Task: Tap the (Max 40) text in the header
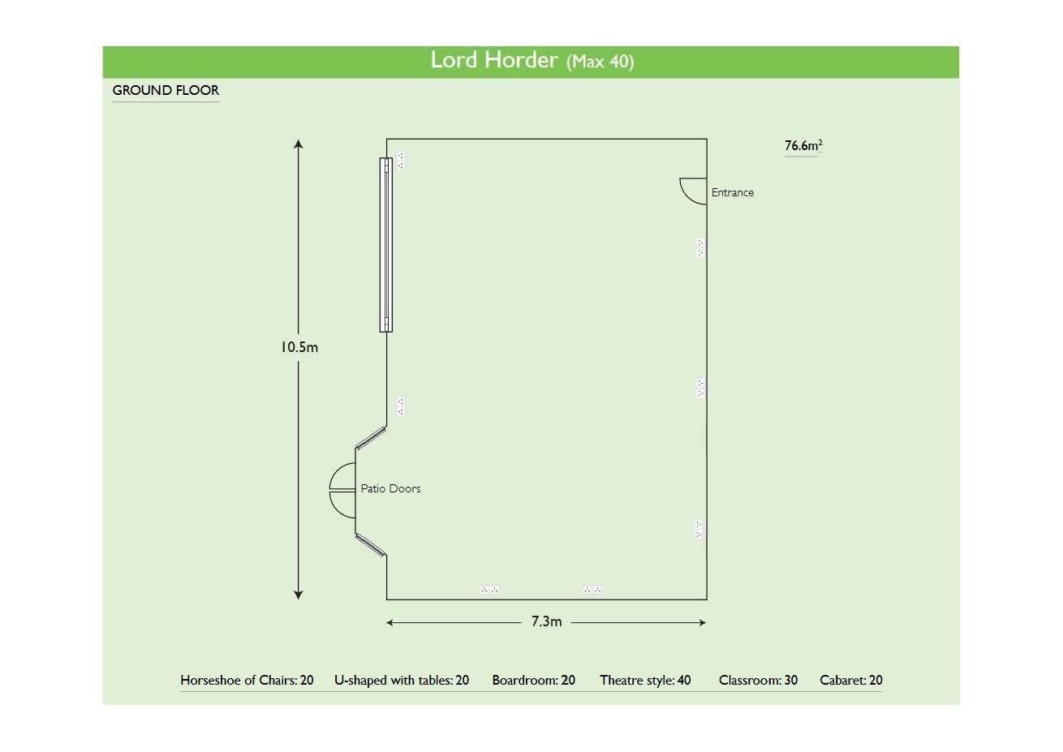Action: [600, 62]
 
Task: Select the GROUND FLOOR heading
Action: [166, 90]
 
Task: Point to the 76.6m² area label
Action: [803, 146]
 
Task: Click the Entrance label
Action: [732, 193]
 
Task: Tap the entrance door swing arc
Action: [691, 191]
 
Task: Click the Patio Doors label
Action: [390, 488]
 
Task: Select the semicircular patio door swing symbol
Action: [342, 490]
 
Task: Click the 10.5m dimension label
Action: [299, 347]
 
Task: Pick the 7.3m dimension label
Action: [546, 621]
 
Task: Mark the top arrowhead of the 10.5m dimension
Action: [299, 145]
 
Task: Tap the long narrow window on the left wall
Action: [386, 244]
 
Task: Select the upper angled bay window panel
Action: [371, 436]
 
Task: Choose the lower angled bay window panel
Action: [370, 544]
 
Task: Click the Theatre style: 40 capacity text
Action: [645, 681]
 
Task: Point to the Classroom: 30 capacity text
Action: [758, 681]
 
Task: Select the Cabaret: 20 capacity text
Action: [850, 681]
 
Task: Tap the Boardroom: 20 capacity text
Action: [533, 681]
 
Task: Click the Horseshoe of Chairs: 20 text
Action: [247, 681]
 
